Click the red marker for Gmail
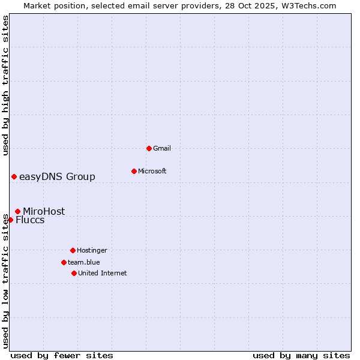point(149,148)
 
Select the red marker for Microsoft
point(134,171)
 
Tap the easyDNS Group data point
point(14,176)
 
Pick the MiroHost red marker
point(17,211)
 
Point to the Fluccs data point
point(10,220)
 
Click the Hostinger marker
point(73,250)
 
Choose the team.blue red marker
point(64,262)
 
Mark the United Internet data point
point(74,273)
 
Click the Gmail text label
point(162,148)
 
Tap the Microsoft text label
point(152,171)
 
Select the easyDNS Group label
point(57,176)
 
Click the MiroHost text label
point(44,211)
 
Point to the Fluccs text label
point(30,220)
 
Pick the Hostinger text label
point(92,250)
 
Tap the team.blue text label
point(84,262)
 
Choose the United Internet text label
point(103,273)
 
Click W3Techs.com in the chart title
point(310,5)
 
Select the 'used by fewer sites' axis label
point(62,355)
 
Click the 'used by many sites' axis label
point(301,355)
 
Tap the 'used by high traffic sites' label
point(5,85)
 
